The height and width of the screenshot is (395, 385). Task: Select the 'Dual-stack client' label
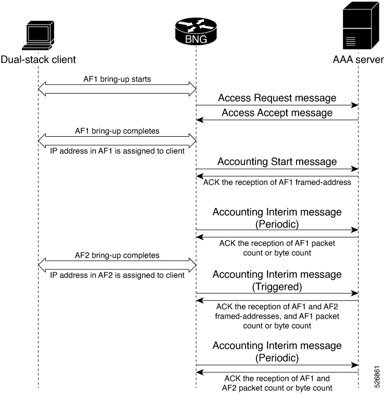point(38,59)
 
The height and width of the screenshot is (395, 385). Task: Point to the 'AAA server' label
point(358,59)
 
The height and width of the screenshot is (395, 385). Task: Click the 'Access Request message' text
point(277,98)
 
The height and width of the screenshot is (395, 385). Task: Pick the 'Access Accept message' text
point(277,113)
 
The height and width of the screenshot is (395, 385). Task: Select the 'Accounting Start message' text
point(277,162)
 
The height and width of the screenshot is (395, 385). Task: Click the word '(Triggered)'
point(277,285)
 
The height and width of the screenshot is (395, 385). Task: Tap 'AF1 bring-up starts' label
point(117,80)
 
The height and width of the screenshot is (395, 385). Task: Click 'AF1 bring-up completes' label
point(117,131)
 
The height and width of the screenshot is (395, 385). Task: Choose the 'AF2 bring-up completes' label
point(117,256)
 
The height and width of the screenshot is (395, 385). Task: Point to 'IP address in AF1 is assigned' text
point(117,151)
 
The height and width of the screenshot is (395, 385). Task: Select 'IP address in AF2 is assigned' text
point(117,275)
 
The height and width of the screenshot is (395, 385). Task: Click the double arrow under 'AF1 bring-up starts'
point(117,89)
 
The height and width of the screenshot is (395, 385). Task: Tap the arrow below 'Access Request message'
point(277,106)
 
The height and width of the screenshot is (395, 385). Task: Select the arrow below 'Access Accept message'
point(277,121)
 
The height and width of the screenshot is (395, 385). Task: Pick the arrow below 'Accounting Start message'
point(277,169)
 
